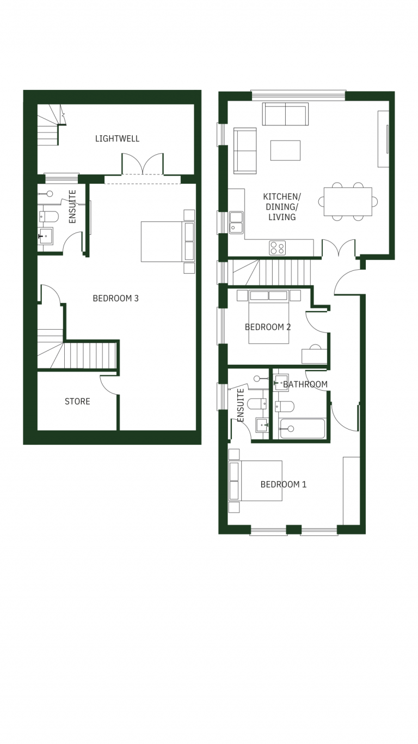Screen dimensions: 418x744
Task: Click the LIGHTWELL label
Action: [117, 138]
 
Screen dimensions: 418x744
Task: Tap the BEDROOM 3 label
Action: [115, 298]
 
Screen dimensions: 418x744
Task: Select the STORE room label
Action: [77, 402]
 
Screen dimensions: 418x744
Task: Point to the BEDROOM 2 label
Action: [268, 327]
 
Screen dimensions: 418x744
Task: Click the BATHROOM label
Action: [305, 384]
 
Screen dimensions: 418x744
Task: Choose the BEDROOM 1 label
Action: [284, 485]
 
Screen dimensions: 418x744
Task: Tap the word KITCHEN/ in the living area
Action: [281, 197]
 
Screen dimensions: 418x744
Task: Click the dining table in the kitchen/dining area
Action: [348, 202]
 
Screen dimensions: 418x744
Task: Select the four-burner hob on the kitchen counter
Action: [278, 248]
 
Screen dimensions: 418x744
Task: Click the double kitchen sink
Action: [236, 222]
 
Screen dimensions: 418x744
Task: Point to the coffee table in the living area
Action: [285, 150]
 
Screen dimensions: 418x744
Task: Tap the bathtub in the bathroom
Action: [302, 428]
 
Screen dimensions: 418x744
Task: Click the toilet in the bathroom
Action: [285, 407]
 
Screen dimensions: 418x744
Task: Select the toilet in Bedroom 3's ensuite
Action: [48, 216]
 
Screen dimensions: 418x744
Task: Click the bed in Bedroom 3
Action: [168, 241]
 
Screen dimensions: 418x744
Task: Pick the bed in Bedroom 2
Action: [269, 317]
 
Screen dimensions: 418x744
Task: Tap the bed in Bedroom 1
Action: [255, 481]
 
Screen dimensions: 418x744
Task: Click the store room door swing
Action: [109, 385]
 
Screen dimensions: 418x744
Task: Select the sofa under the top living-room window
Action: [285, 114]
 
